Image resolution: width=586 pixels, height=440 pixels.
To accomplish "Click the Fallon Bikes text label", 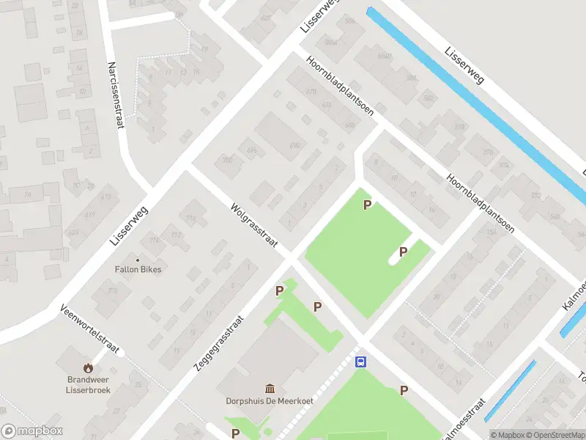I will [x=138, y=269].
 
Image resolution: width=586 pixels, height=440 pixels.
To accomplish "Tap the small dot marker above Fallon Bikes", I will [x=138, y=259].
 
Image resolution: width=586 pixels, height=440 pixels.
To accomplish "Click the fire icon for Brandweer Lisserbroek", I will [x=89, y=368].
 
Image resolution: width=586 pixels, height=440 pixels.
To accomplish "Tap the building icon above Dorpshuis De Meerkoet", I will [x=270, y=388].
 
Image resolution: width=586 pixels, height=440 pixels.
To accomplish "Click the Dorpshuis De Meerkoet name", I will [x=270, y=401].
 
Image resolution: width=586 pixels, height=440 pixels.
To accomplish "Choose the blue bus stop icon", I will [x=360, y=362].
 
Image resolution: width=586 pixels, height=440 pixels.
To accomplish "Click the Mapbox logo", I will [x=32, y=431].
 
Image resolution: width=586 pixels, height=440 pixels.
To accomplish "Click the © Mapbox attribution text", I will [x=508, y=435].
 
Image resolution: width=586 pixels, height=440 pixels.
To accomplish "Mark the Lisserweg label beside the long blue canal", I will [x=464, y=65].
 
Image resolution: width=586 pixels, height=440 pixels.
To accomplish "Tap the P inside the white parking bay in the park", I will [x=403, y=252].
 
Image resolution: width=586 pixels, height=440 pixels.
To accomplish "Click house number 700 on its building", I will [x=228, y=160].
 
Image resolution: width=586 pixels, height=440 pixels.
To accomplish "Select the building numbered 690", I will [x=295, y=146].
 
